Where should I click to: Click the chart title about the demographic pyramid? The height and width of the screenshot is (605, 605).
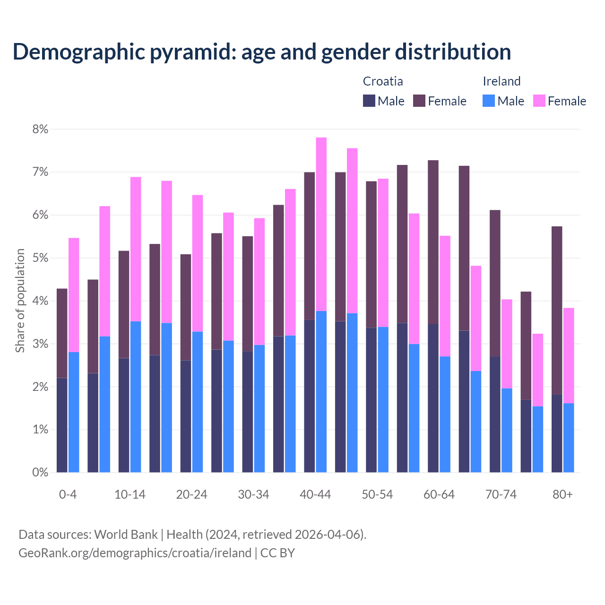click(x=261, y=52)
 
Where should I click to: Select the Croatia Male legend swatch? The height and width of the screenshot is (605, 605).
click(x=369, y=101)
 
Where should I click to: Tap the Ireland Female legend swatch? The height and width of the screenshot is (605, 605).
click(x=539, y=101)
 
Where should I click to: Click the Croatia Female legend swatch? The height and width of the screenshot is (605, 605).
click(x=419, y=101)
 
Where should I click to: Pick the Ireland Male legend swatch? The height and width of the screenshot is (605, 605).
click(x=489, y=101)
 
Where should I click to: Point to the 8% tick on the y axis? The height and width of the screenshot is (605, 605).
click(x=40, y=129)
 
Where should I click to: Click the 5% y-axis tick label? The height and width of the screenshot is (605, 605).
click(x=40, y=258)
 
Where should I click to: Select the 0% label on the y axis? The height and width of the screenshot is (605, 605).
click(x=40, y=472)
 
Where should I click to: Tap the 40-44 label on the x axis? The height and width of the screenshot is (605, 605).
click(x=315, y=494)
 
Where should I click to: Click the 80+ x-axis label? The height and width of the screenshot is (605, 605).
click(x=562, y=494)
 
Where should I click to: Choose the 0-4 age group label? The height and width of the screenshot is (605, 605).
click(x=68, y=494)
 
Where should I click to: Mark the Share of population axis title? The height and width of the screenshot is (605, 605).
click(x=20, y=301)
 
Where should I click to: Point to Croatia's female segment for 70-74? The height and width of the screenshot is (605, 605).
click(x=495, y=283)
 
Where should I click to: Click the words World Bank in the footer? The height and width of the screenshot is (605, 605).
click(x=126, y=535)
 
